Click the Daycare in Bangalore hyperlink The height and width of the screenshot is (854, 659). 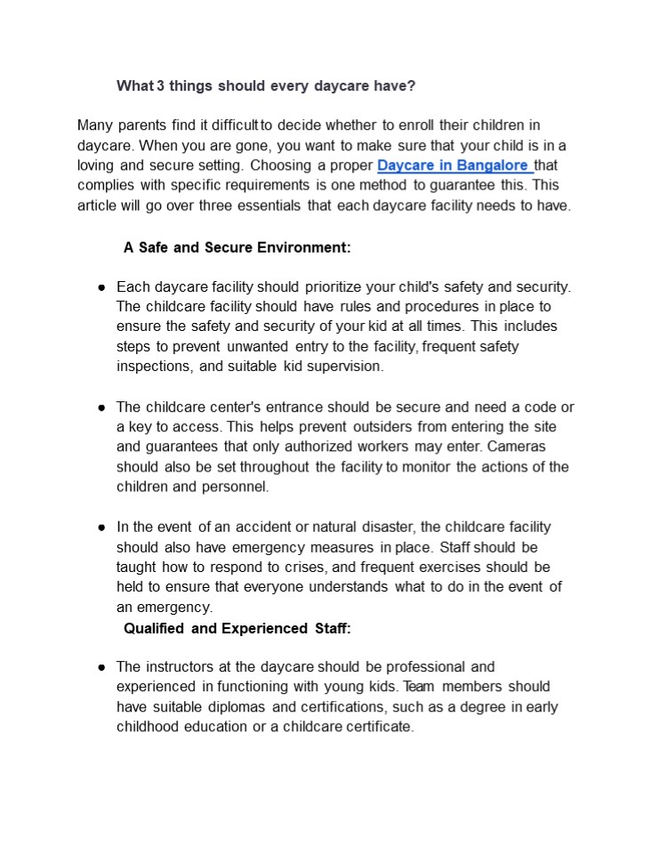(454, 165)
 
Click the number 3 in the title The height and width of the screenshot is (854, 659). (160, 86)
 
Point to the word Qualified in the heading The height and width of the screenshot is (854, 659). (154, 629)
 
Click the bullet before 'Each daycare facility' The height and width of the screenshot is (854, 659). (101, 287)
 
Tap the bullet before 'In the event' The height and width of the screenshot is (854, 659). (101, 528)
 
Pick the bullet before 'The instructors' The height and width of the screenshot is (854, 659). (101, 667)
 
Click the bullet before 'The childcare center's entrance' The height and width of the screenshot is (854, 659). (101, 407)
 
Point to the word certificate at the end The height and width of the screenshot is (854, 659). (378, 727)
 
